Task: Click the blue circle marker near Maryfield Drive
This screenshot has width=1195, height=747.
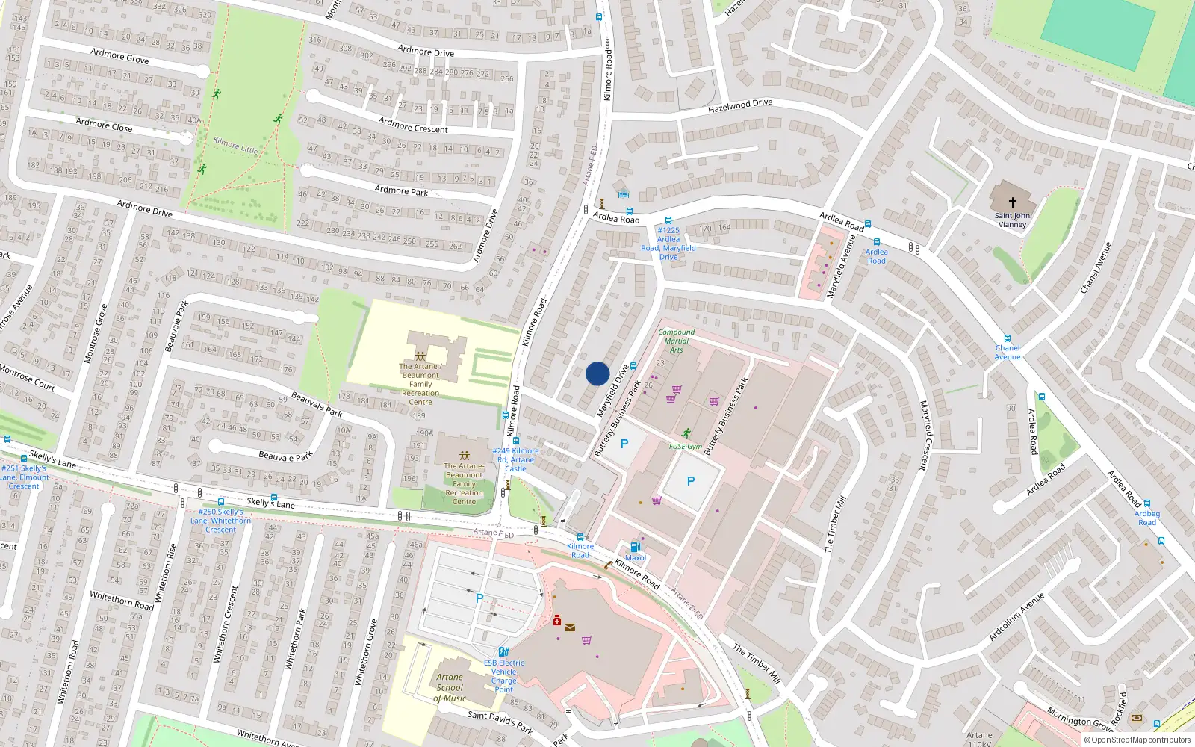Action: point(597,373)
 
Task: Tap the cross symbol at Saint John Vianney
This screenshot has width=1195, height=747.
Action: point(1012,202)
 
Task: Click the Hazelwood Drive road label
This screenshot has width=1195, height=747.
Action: point(739,106)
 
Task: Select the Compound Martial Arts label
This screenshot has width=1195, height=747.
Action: point(676,341)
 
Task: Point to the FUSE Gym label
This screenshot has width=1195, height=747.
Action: point(685,447)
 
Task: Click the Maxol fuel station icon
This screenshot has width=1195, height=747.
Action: point(635,547)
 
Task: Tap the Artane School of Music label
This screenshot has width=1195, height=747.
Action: point(450,688)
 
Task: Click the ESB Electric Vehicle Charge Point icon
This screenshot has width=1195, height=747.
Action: point(503,651)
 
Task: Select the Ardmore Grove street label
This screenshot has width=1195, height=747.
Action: point(119,55)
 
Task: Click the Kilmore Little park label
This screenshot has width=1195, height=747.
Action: point(235,145)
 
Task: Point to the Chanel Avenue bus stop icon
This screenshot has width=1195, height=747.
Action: point(1007,338)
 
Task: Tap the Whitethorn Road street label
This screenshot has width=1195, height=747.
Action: point(122,601)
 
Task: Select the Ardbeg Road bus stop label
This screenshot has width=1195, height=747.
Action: point(1146,518)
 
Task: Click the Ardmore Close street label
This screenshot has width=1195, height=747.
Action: point(104,125)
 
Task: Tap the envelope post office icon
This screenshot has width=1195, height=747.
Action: point(570,627)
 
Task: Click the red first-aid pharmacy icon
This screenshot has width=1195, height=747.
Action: point(557,621)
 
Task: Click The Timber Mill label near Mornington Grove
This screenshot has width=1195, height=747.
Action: point(757,663)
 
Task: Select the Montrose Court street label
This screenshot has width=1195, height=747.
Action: point(28,378)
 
